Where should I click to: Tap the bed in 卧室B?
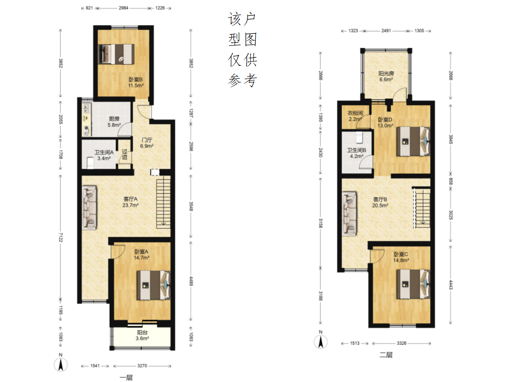point(116,54)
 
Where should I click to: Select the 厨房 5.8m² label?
point(114,122)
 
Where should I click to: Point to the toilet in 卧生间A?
point(90,163)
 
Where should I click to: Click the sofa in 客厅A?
point(90,208)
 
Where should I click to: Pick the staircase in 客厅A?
point(164,202)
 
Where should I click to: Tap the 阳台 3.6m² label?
point(142,335)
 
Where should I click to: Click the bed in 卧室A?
point(154,285)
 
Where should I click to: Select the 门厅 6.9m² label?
point(146,143)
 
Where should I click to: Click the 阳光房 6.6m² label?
point(386,76)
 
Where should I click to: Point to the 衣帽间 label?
point(355,113)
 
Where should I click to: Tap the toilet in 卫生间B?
point(360,137)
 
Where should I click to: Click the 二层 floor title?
point(386,355)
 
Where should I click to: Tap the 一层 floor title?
point(126,378)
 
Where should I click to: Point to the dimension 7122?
point(60,237)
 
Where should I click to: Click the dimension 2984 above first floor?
point(123,8)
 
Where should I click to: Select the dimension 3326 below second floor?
point(401,343)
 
